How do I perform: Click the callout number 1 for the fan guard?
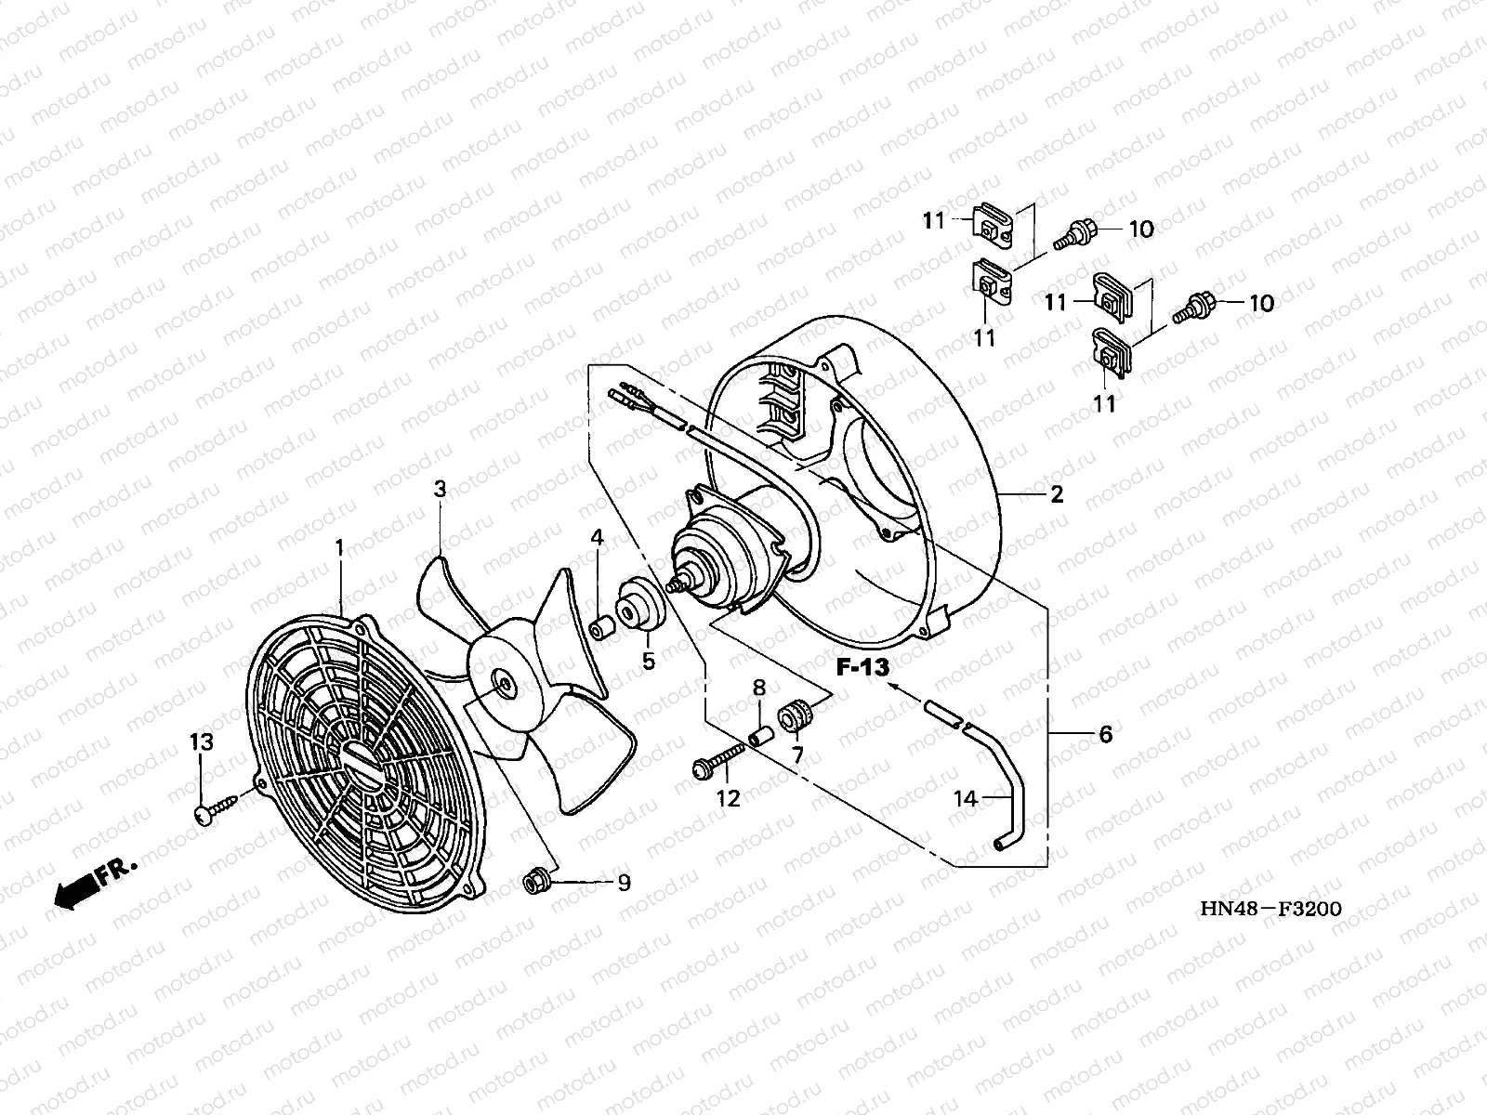[x=339, y=548]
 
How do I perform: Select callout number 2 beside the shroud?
[x=1057, y=495]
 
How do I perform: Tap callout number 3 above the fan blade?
[x=441, y=489]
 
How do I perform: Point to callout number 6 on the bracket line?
[x=1105, y=734]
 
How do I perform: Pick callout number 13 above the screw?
[x=203, y=741]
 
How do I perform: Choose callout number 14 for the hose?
[x=966, y=797]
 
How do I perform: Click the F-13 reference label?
[x=862, y=666]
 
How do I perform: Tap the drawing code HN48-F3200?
[x=1270, y=908]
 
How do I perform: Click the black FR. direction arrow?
[x=74, y=890]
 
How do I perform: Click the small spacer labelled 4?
[x=602, y=627]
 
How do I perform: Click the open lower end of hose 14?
[x=999, y=843]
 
